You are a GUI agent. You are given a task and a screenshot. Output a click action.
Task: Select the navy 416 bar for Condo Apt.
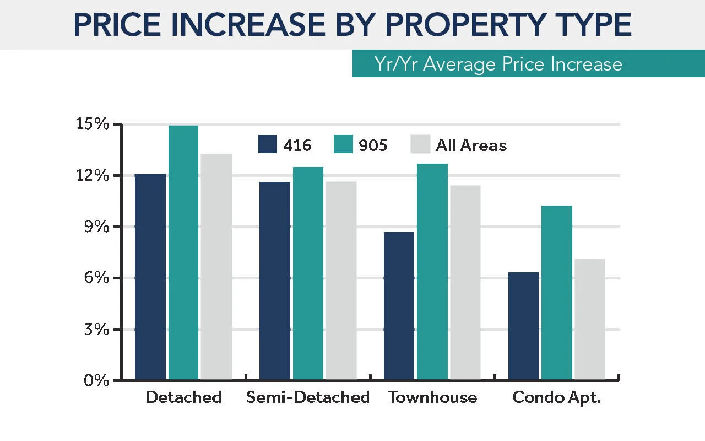pos(523,326)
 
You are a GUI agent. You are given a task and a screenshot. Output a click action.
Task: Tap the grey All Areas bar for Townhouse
pos(465,282)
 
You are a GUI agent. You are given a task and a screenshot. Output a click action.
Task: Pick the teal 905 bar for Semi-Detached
pos(308,273)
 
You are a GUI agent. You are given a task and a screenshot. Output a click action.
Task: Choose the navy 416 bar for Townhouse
pos(399,306)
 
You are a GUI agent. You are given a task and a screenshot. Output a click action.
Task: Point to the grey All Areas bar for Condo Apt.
pos(589,319)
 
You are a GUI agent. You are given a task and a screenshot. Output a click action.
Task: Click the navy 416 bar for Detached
pos(150,277)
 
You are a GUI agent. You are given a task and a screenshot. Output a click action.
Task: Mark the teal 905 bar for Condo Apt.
pos(556,293)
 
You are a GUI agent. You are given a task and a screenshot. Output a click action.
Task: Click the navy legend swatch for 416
pos(267,144)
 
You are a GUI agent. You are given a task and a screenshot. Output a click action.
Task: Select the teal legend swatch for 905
pos(343,144)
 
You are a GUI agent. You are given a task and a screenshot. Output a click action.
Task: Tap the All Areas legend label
pos(471,145)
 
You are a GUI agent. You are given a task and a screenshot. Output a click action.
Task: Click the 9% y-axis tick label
pos(96,227)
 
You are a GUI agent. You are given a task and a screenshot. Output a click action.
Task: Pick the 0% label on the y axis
pos(96,380)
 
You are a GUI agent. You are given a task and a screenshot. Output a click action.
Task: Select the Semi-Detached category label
pos(308,397)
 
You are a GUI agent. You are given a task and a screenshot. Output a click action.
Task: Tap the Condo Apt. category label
pos(556,397)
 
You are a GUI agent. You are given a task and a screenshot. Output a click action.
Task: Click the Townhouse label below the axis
pos(432,397)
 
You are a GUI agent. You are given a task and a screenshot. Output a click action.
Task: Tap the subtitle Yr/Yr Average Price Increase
pos(498,64)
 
